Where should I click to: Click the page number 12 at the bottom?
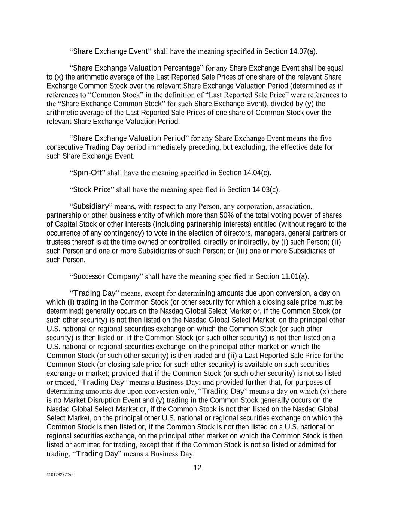197,468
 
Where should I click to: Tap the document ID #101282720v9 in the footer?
60,475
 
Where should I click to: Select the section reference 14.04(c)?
257,173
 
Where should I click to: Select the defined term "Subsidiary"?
91,206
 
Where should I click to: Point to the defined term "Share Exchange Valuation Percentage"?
137,68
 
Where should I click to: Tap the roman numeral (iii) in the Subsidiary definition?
241,251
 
